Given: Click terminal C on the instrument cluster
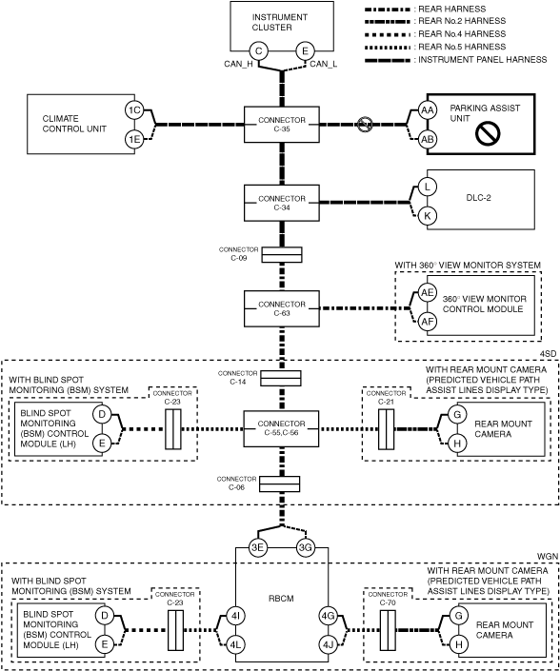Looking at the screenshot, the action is (259, 51).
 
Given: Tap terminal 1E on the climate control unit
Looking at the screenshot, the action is (134, 139).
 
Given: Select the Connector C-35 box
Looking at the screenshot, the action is (282, 125).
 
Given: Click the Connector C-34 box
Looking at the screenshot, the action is (282, 203).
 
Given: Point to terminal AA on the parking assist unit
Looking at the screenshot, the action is (427, 110).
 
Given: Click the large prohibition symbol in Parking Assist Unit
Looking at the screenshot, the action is (488, 132).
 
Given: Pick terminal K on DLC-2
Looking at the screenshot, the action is (427, 216).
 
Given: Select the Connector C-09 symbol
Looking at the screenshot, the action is (282, 255).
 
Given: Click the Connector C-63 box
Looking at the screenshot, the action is (282, 308).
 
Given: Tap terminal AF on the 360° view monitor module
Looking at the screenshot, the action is (427, 322).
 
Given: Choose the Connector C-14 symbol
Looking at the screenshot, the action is (281, 378).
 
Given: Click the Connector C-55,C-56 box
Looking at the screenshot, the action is (281, 429).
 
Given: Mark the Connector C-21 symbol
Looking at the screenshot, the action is (386, 429).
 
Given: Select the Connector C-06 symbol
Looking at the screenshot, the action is (280, 484).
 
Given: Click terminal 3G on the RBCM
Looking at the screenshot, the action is (306, 548).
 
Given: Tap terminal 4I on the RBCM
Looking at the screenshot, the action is (235, 616).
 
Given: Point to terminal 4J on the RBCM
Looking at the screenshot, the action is (329, 644).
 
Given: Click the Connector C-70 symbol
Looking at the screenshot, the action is (388, 630).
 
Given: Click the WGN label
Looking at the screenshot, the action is (548, 556).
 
